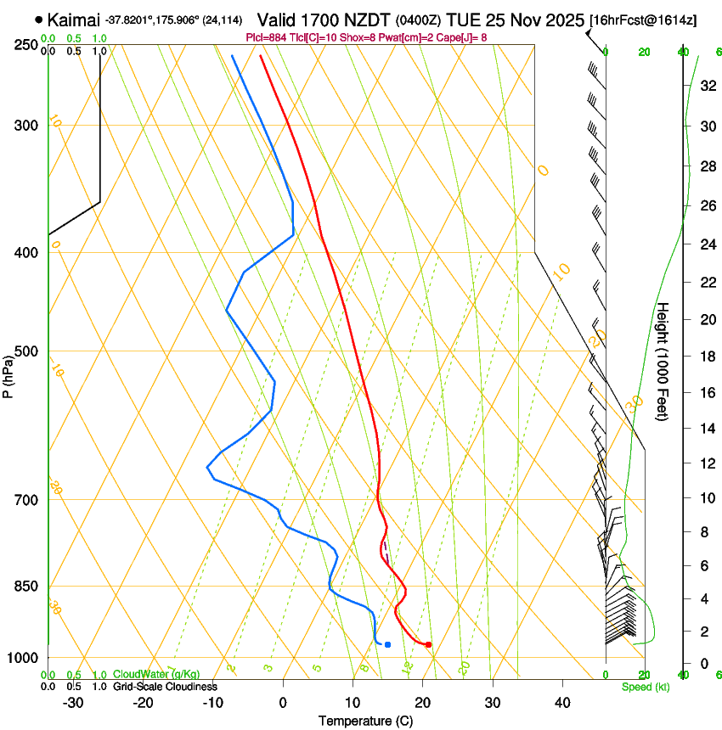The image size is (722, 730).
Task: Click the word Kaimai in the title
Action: click(73, 20)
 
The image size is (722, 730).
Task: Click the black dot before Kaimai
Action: click(39, 19)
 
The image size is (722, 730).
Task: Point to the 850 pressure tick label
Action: click(27, 587)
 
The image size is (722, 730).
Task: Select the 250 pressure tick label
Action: click(27, 45)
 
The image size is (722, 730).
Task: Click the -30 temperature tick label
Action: click(74, 703)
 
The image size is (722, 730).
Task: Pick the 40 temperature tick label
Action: click(562, 703)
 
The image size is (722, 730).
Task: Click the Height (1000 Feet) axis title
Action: click(663, 362)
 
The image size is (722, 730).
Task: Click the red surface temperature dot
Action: click(428, 644)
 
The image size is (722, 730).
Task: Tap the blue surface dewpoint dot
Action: click(387, 644)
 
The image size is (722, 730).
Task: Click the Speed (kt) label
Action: click(645, 687)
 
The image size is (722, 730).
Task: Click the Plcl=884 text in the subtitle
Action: click(268, 37)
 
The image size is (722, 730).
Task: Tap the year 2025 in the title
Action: click(560, 20)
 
